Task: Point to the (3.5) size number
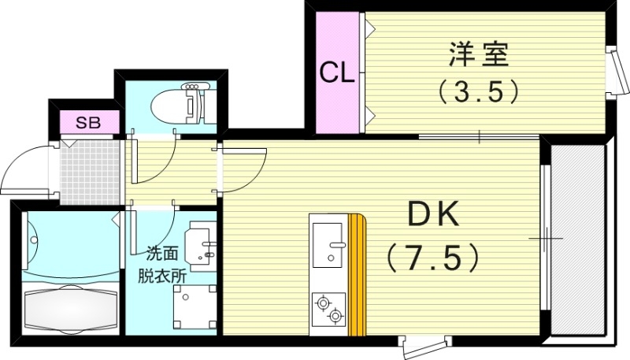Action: (x=479, y=91)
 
